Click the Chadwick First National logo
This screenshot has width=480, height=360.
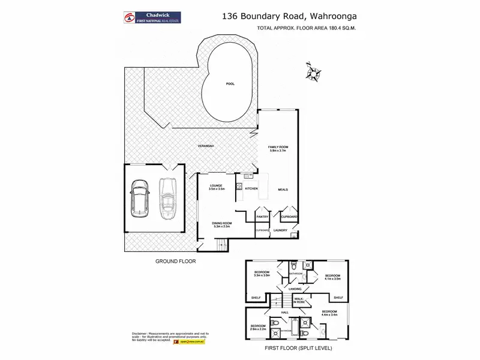pos(155,17)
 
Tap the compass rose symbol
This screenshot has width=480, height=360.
pos(313,73)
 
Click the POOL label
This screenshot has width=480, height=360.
pos(230,84)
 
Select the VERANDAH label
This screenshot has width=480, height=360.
pos(206,146)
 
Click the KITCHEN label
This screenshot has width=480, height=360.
pos(251,189)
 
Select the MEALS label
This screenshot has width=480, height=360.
pos(283,189)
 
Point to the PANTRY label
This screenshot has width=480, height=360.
pos(262,217)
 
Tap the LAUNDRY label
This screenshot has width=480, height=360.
pos(280,230)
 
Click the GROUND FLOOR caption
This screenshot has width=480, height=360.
pos(176,261)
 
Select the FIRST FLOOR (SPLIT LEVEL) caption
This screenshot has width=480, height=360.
pos(298,348)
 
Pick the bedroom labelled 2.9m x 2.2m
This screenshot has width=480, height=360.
pos(259,328)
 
